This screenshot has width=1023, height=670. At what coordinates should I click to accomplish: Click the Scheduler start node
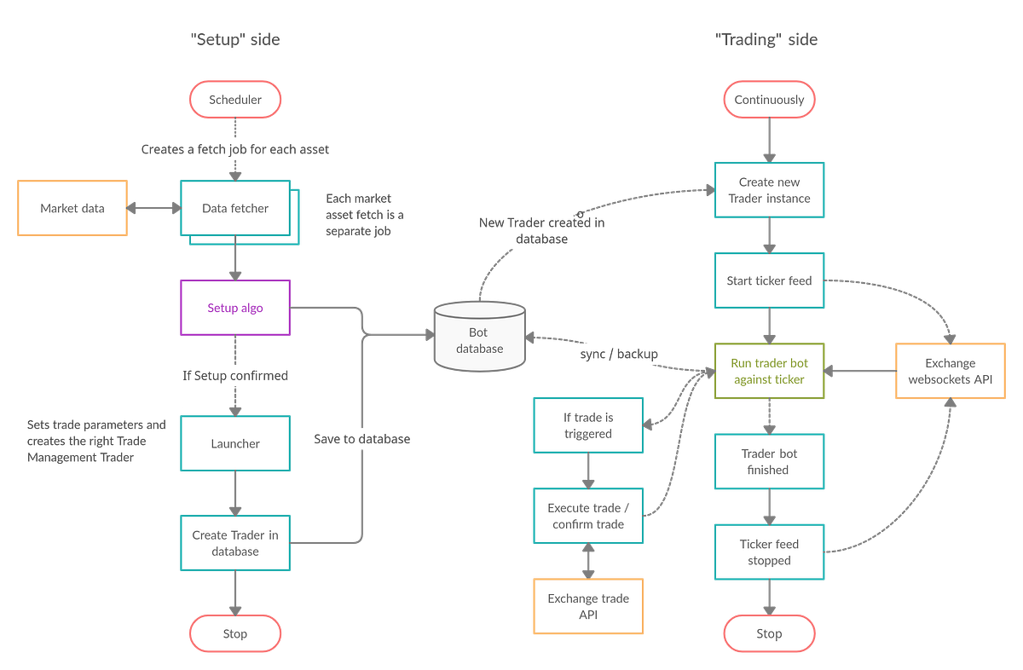point(235,100)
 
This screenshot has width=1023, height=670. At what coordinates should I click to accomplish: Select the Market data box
point(72,208)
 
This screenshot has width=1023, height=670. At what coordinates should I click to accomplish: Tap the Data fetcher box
point(234,208)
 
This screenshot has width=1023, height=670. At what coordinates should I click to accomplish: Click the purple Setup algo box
point(235,308)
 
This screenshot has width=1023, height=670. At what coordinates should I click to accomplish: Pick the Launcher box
point(235,443)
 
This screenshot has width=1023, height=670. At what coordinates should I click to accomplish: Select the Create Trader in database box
point(235,543)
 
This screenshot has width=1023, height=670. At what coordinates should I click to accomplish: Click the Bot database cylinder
point(479,338)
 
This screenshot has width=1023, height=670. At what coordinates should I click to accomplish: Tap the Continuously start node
point(769,100)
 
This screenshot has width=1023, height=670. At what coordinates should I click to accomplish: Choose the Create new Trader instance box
point(769,190)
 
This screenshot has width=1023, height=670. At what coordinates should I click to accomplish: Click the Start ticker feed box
point(769,280)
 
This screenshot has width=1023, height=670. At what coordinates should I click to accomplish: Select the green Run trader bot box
point(769,371)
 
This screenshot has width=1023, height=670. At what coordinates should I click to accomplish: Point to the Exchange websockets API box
point(950,371)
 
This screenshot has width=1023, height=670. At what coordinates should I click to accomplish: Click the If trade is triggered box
point(588,425)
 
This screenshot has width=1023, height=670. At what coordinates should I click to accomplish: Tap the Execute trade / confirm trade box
point(588,516)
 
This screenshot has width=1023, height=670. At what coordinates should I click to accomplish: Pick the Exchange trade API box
point(588,606)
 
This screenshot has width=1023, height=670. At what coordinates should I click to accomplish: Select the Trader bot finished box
point(769,461)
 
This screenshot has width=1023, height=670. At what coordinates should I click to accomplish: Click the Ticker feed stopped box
point(769,552)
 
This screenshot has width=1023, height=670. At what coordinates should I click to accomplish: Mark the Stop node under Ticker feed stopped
point(769,633)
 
